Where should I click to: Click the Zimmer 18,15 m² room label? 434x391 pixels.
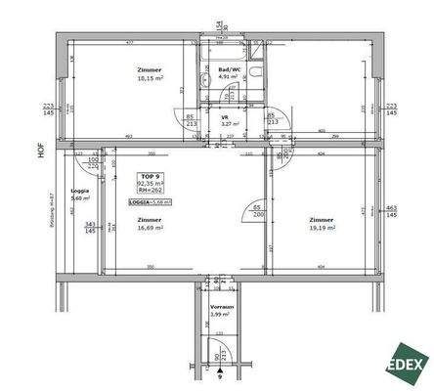point(150,77)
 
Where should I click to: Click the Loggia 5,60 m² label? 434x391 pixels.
point(80,195)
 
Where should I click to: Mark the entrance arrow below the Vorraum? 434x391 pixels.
point(221,371)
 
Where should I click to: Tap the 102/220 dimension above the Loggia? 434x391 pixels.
point(93,162)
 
